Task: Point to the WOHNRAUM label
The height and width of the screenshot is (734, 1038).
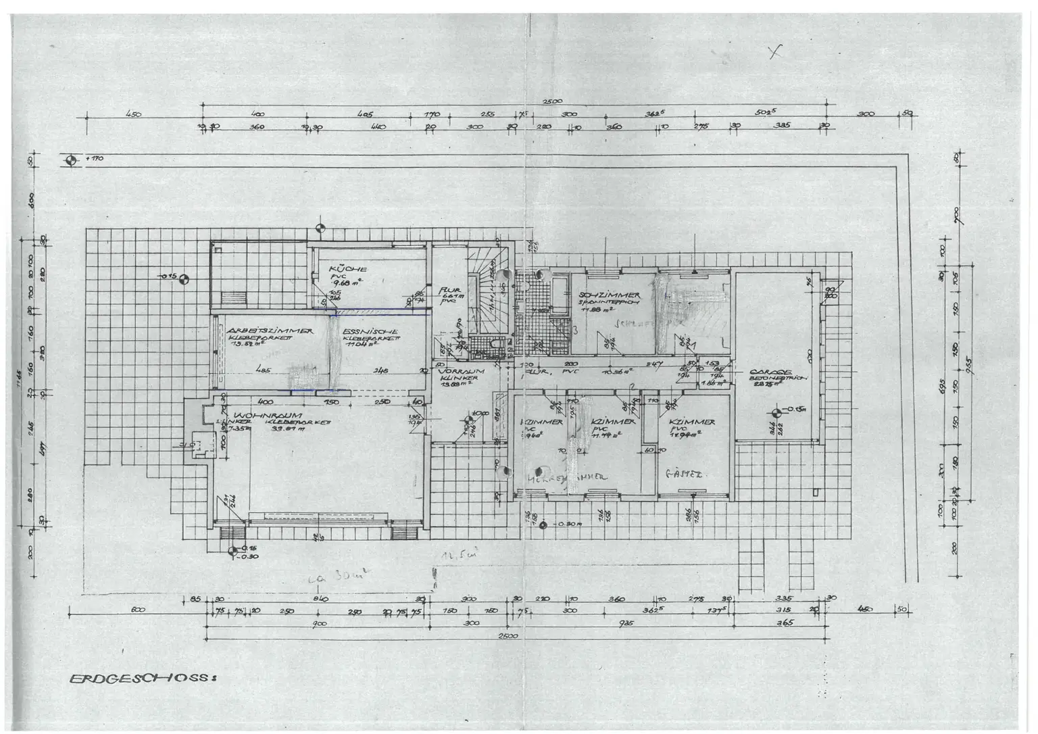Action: [257, 415]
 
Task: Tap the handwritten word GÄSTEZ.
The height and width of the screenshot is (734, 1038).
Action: [685, 474]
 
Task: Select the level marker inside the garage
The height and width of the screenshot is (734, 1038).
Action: [776, 412]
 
